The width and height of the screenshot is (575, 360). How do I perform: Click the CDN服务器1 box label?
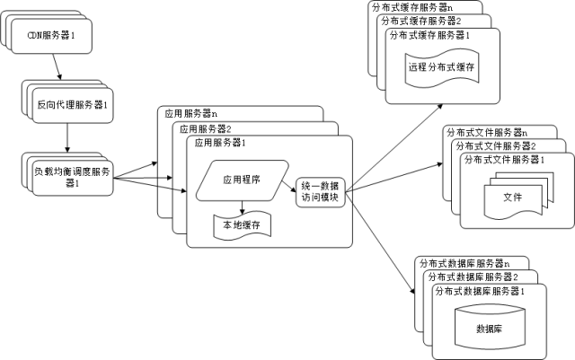pyautogui.click(x=57, y=36)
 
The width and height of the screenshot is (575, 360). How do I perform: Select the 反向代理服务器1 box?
pyautogui.click(x=69, y=106)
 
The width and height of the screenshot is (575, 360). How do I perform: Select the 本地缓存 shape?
pyautogui.click(x=240, y=225)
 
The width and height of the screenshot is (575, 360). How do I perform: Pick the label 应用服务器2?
pyautogui.click(x=203, y=128)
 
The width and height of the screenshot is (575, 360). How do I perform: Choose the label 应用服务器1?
pyautogui.click(x=219, y=143)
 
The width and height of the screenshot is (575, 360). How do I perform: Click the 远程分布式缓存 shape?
pyautogui.click(x=440, y=68)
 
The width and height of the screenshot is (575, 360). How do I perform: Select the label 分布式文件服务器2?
pyautogui.click(x=494, y=145)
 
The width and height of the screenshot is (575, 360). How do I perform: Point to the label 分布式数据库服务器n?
pyautogui.click(x=464, y=264)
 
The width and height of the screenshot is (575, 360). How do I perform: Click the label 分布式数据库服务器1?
pyautogui.click(x=478, y=292)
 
